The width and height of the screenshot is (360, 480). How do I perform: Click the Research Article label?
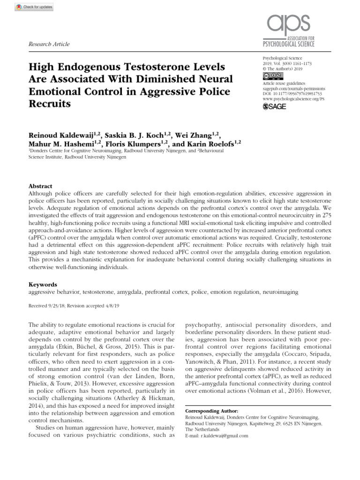tap(49, 44)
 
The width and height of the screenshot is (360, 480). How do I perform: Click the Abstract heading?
tap(41, 186)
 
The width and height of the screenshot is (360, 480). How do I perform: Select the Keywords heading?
tap(43, 284)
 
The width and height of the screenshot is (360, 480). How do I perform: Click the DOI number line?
tap(292, 94)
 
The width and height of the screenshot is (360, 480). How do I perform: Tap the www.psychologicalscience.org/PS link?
tap(293, 99)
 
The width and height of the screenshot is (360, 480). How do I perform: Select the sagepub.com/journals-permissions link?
tap(292, 88)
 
